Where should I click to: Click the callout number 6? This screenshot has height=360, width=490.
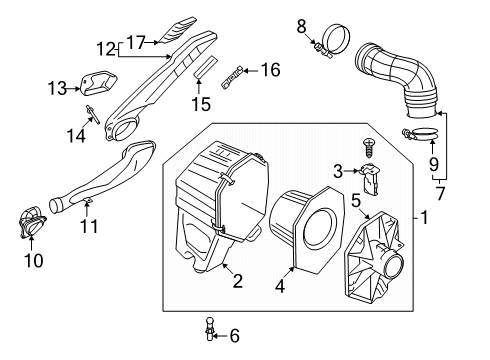point(235,336)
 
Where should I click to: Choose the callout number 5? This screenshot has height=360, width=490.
point(356,201)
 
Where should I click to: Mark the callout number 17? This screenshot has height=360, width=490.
point(136,43)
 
